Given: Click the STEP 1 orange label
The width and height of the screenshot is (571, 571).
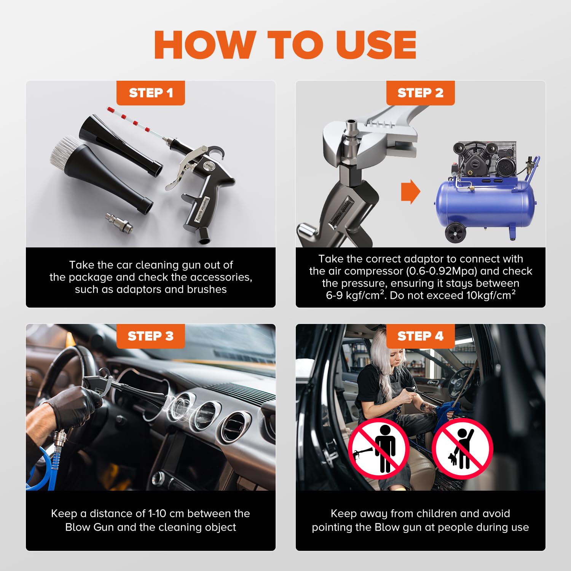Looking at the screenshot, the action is click(151, 93).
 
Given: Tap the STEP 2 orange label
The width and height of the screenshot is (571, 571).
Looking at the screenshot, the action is click(421, 93).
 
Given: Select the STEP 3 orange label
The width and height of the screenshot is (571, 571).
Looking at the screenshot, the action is click(151, 336).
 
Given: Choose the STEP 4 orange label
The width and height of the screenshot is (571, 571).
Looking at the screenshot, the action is click(421, 336).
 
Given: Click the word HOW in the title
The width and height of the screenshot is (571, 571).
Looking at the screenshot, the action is click(205, 45).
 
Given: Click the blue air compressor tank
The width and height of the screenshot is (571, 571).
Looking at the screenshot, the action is click(485, 204).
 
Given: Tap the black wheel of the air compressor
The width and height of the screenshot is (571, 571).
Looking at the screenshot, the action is click(455, 233).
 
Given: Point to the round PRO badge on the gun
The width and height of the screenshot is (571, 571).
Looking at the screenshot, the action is click(208, 166).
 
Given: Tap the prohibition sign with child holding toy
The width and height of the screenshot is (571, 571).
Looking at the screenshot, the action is click(462, 448).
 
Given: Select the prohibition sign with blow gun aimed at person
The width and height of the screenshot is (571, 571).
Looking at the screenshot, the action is click(379, 448).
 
